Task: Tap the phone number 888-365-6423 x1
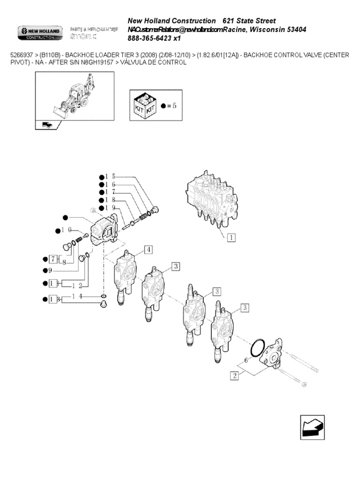point(154,38)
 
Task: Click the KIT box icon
point(145,105)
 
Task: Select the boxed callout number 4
point(149,249)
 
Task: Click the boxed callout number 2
point(234,375)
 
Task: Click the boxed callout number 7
point(53,259)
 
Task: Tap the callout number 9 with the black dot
point(50,270)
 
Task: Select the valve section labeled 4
point(126,277)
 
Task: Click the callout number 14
point(77,296)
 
